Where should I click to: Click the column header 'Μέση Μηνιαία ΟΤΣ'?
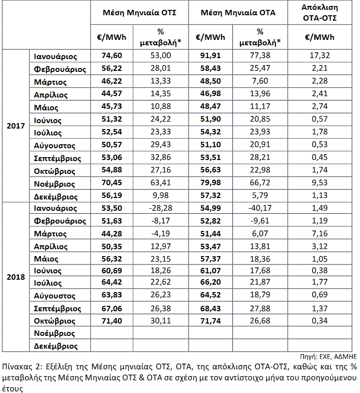[x=139, y=12]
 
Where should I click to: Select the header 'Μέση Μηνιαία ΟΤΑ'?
[x=238, y=12]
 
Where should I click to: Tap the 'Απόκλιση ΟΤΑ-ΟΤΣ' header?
[x=320, y=12]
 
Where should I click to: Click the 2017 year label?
[x=16, y=126]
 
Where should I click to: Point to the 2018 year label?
[x=16, y=277]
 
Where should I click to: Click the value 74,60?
[x=112, y=55]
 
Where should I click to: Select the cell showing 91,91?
[x=210, y=55]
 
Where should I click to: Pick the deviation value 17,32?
[x=320, y=55]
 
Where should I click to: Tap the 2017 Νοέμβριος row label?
[x=54, y=184]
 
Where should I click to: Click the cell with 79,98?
[x=210, y=183]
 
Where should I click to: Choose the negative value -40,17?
[x=260, y=208]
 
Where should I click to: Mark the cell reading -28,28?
[x=161, y=208]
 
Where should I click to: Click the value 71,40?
[x=112, y=321]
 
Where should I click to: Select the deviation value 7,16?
[x=320, y=233]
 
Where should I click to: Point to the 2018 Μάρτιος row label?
[x=50, y=234]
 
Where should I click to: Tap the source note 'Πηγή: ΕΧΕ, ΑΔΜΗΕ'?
[x=328, y=357]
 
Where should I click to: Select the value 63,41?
[x=161, y=183]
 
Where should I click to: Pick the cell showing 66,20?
[x=210, y=282]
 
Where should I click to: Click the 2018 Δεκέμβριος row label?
[x=56, y=346]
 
